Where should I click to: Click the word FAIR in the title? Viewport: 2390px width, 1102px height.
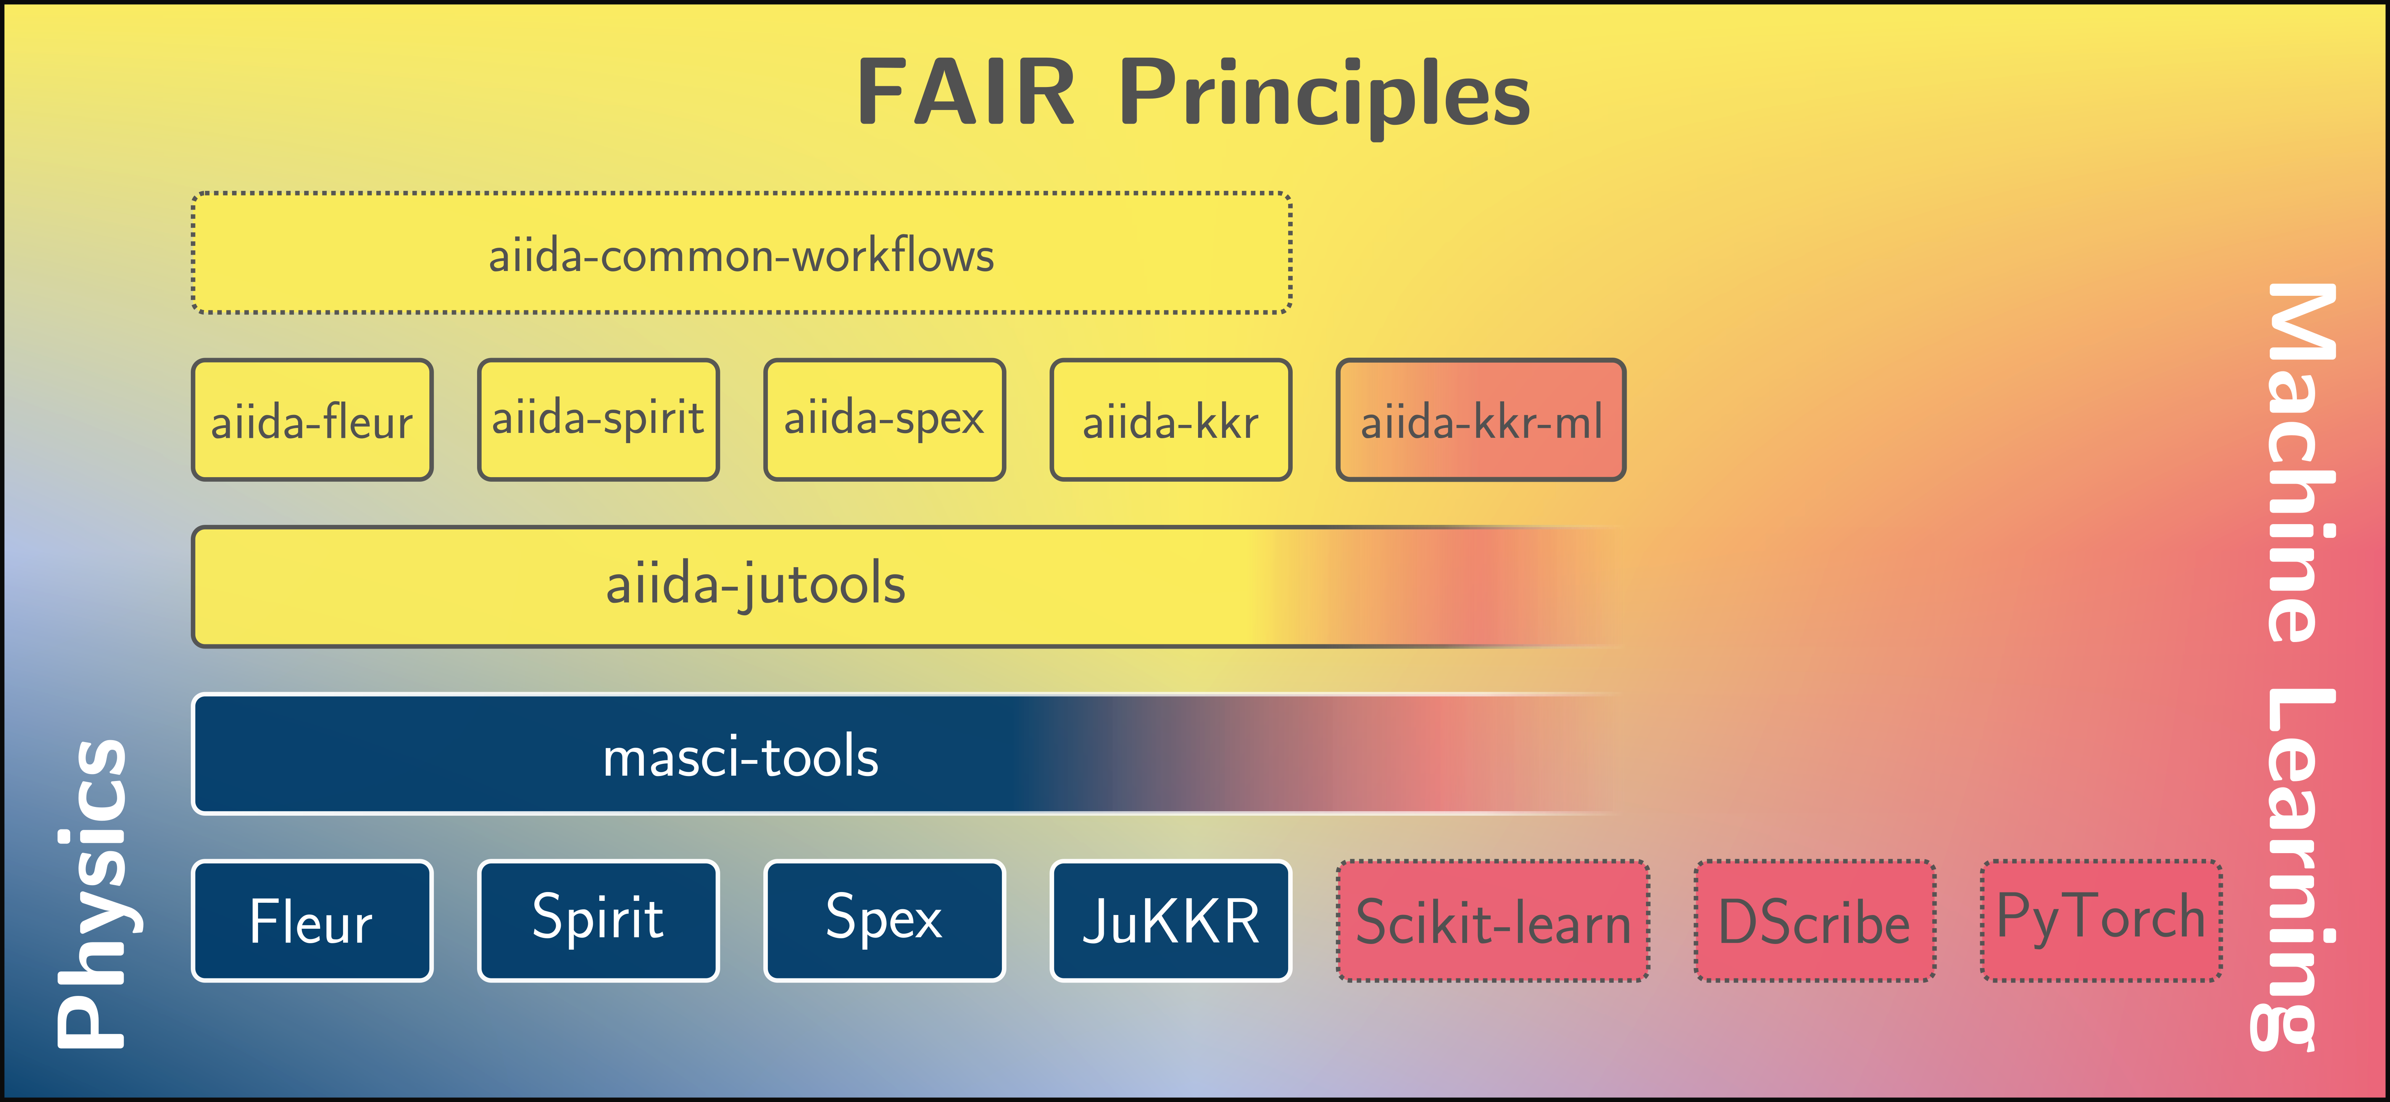[965, 93]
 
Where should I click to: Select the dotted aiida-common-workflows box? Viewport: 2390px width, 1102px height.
[741, 253]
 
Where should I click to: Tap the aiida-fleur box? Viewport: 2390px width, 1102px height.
[312, 420]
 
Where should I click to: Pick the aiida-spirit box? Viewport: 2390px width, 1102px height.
[598, 420]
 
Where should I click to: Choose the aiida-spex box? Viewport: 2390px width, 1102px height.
[884, 420]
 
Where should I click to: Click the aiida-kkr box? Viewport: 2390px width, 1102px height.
[1170, 420]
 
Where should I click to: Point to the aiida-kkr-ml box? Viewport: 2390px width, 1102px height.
[1481, 420]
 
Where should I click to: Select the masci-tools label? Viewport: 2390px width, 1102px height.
[740, 756]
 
